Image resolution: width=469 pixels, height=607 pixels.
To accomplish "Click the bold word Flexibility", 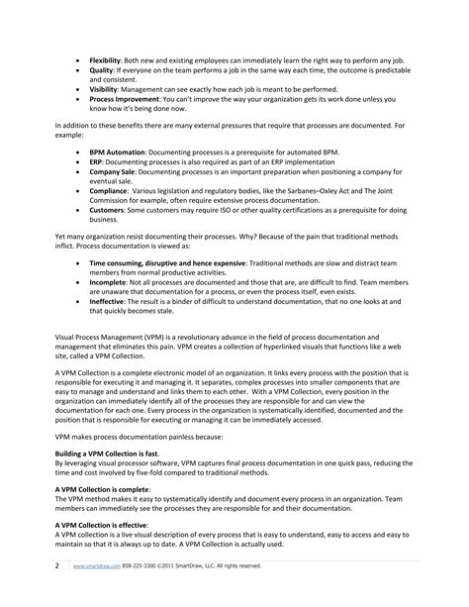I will coord(106,59).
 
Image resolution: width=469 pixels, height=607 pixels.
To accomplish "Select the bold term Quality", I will coord(101,70).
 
